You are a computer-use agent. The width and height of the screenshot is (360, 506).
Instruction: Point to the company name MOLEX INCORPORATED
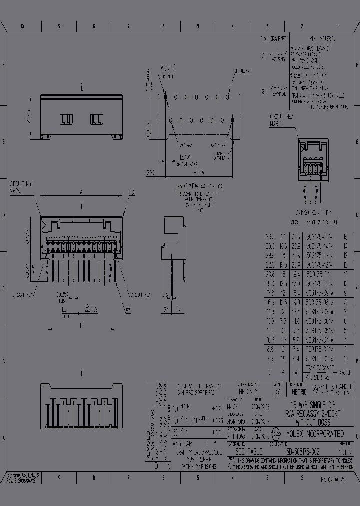pos(315,434)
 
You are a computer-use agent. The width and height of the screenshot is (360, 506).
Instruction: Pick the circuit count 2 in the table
pos(345,358)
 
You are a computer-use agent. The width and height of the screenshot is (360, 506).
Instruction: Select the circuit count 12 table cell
pos(345,264)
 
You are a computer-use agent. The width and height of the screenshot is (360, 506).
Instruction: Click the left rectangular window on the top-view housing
pos(66,119)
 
